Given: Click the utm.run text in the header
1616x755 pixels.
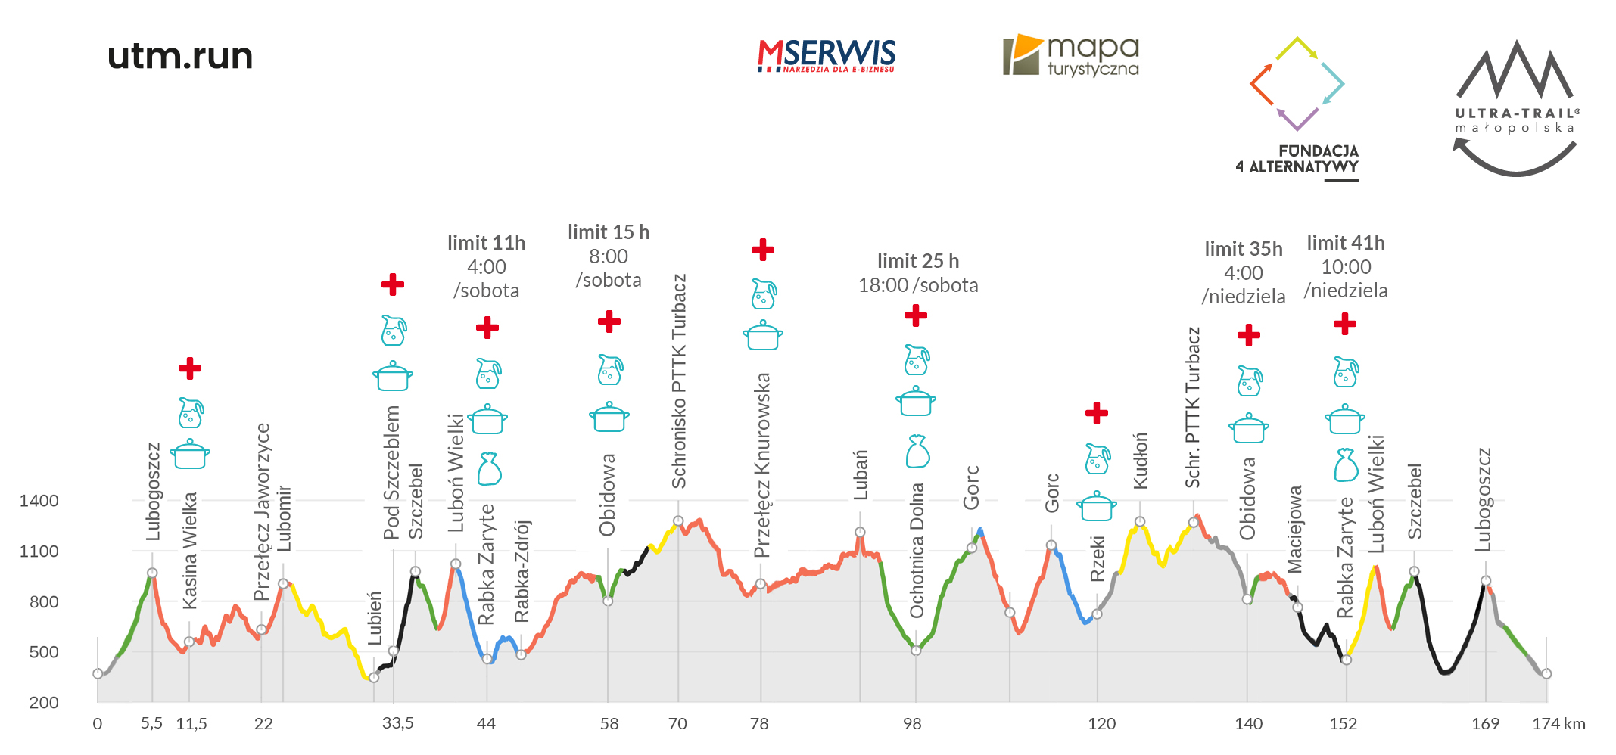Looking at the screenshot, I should pos(180,56).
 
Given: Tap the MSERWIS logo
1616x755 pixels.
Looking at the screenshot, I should pos(827,56).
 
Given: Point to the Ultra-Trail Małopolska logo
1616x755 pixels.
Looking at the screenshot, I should pos(1517,107).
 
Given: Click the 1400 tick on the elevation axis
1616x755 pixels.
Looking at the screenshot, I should pos(39,501).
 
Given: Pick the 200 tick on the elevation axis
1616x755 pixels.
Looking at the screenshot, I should pos(43,703).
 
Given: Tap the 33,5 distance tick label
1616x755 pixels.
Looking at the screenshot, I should pos(398,724).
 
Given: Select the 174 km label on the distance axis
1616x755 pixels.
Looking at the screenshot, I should pos(1558,724).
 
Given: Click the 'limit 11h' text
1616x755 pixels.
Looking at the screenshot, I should pos(486,243).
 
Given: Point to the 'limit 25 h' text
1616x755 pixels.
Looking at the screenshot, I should pos(917,261).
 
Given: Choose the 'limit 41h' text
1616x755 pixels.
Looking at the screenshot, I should pos(1345,243).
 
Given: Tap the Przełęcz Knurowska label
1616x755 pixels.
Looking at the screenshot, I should pos(762,464).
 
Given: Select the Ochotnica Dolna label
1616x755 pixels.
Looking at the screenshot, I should pos(917,550).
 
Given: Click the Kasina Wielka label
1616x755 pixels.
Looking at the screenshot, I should pos(190,550).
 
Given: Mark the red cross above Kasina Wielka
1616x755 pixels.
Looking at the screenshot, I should pos(190,368).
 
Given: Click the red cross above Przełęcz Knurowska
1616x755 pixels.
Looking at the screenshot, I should pos(762,250).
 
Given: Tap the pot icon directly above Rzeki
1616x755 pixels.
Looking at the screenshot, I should pos(1097,506).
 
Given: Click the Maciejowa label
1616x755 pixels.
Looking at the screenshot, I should pos(1295,529).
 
